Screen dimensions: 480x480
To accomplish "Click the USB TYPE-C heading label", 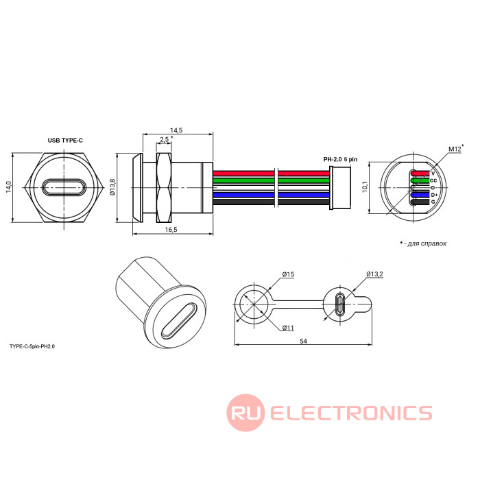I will click(65, 140).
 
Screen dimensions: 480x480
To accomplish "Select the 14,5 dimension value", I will click(176, 130).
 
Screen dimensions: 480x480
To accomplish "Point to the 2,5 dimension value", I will click(165, 140).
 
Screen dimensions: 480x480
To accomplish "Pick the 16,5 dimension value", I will click(171, 230).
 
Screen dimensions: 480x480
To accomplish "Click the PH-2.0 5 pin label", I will click(340, 159).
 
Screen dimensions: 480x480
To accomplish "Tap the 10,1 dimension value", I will click(365, 187).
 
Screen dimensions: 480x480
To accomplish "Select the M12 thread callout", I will click(454, 148).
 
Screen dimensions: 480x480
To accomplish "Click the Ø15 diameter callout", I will click(287, 274).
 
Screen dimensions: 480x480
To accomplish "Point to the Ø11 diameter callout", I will click(288, 328).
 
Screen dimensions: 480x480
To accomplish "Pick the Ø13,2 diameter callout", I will click(374, 274).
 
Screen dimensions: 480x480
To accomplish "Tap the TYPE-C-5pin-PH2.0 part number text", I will click(32, 347).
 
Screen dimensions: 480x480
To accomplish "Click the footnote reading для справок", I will click(425, 243).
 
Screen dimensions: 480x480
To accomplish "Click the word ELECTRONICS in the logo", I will click(350, 413).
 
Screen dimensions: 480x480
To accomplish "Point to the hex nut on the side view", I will click(165, 187).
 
